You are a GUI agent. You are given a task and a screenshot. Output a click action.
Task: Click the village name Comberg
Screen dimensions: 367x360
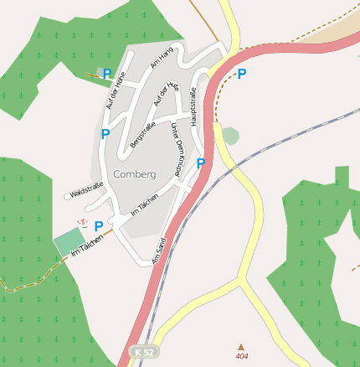tap(134, 174)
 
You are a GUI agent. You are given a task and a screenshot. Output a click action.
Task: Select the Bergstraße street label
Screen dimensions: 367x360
tap(143, 136)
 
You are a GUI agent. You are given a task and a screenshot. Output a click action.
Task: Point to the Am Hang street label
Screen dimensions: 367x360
tap(161, 56)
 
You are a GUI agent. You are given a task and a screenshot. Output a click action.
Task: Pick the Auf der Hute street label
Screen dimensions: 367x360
tap(167, 98)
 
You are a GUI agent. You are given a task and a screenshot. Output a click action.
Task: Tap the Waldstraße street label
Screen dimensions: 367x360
tap(87, 193)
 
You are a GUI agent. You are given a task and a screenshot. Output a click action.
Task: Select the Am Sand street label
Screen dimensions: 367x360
tap(159, 251)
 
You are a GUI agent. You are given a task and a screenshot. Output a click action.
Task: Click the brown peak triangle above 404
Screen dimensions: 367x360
tap(242, 347)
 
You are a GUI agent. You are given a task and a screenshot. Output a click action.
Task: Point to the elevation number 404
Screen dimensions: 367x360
tap(242, 357)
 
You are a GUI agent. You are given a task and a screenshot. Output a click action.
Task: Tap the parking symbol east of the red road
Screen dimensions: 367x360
tap(242, 74)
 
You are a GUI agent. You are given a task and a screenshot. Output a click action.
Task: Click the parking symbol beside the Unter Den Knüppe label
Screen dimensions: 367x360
tap(201, 163)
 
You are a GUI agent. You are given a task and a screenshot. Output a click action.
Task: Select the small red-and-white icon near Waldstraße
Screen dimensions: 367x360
tap(81, 223)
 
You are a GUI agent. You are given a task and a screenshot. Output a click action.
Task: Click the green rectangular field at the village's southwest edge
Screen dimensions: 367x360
tap(69, 242)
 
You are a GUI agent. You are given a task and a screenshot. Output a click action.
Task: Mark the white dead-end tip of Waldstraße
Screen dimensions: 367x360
tap(67, 196)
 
